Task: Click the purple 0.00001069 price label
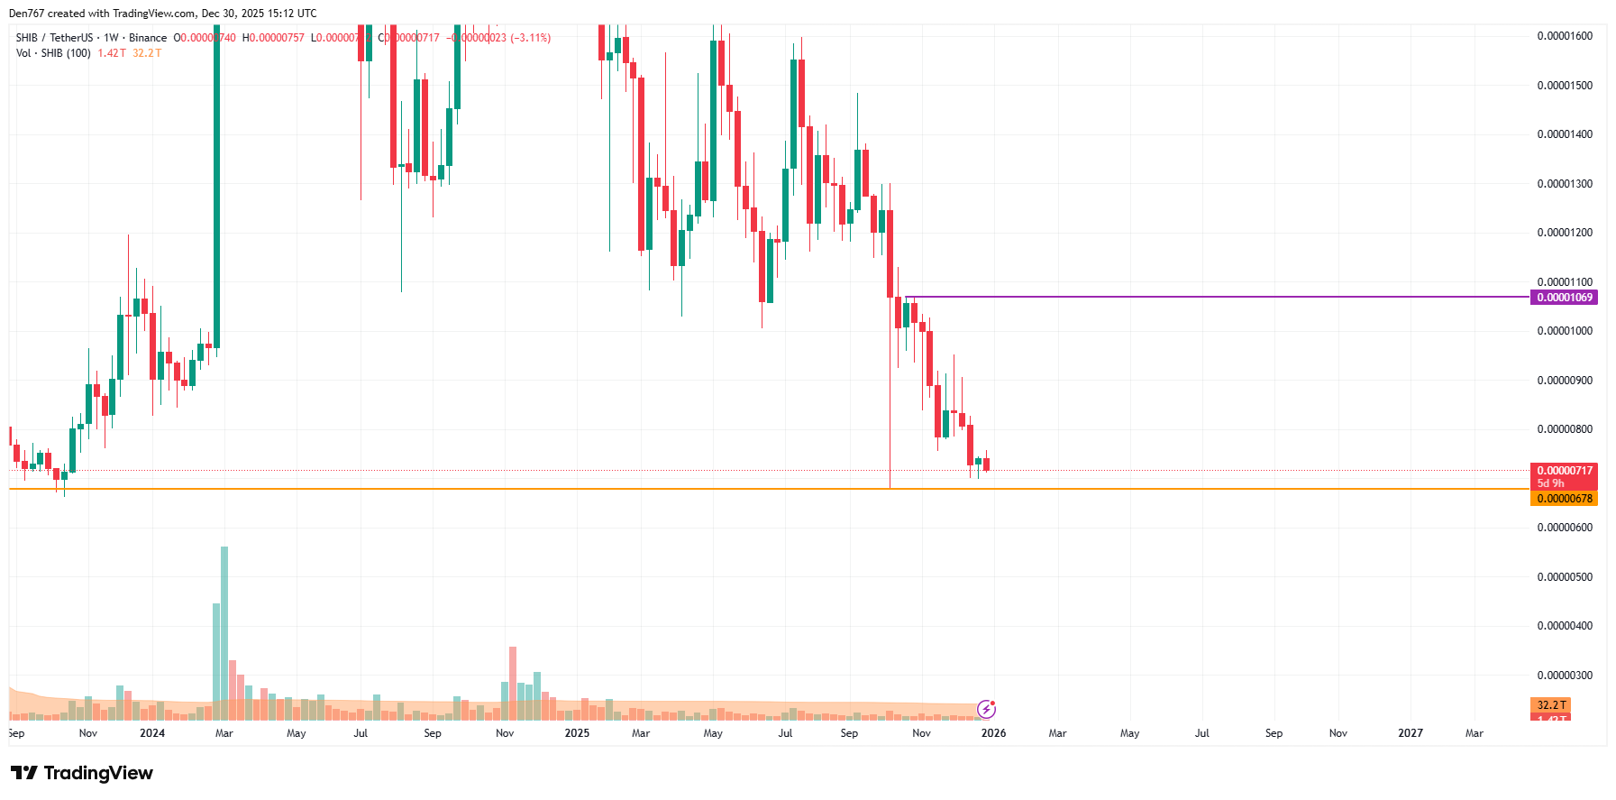1564,298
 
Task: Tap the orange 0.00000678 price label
1564,499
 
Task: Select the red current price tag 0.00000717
1564,471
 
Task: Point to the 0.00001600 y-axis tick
1565,36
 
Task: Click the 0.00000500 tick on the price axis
1565,577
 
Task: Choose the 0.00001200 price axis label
1565,233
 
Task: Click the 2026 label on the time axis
993,733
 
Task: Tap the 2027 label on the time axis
1411,733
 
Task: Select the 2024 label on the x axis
152,733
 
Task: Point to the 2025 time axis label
577,733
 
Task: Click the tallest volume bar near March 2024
224,631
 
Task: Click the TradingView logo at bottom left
82,773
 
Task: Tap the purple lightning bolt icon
987,709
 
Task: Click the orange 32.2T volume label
1550,705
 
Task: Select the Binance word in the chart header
148,38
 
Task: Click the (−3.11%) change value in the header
530,38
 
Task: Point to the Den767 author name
26,14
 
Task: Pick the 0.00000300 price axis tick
1565,676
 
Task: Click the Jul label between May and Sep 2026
1201,733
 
